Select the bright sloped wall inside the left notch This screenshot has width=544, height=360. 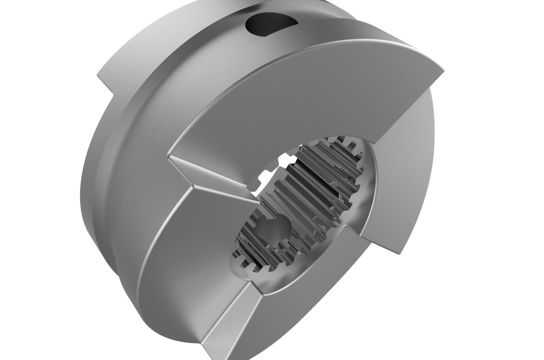(213, 173)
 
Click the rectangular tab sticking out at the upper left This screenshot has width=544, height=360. (107, 80)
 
